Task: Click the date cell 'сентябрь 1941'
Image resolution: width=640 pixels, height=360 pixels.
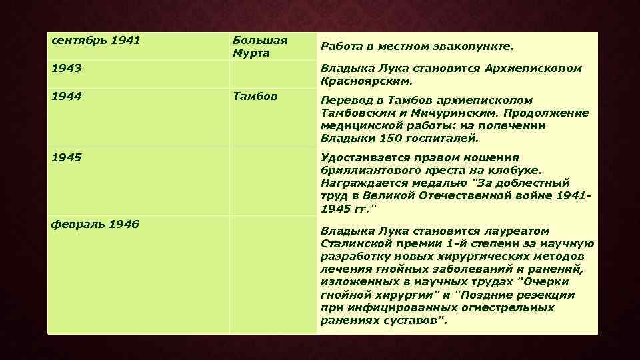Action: (96, 40)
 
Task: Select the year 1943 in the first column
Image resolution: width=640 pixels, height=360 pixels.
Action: (67, 68)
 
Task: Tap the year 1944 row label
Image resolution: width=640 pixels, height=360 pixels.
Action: (67, 96)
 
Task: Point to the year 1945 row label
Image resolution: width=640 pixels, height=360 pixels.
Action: (67, 158)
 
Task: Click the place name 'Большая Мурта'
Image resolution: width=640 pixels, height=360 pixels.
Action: (260, 46)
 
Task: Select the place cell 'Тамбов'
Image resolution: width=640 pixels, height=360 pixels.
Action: (255, 96)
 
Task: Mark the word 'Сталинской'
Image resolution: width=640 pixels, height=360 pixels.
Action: (355, 244)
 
